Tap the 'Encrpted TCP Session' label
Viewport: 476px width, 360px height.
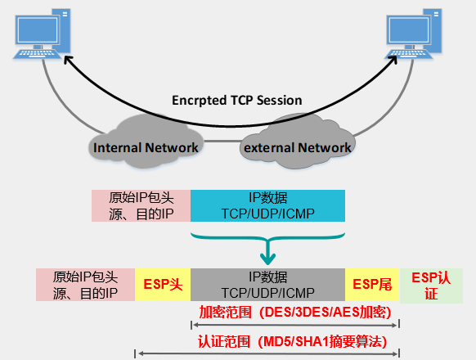[237, 101]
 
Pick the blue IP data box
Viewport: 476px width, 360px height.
[267, 205]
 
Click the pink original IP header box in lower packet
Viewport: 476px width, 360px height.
[84, 284]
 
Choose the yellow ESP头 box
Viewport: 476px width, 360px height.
[162, 284]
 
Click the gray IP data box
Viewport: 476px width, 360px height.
[267, 284]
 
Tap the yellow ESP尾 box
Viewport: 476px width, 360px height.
[372, 284]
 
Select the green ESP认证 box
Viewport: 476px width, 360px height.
[431, 284]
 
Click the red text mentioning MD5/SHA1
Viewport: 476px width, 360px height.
[292, 341]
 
